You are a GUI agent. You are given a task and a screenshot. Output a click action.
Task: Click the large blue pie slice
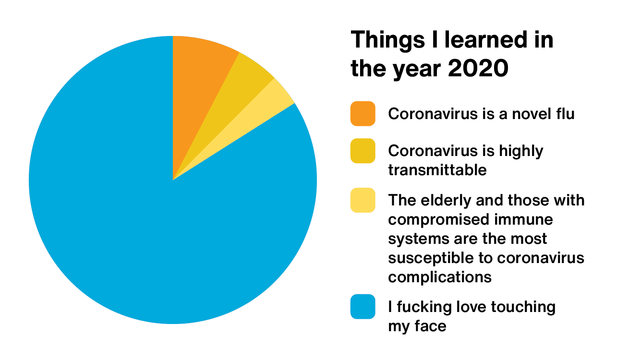coord(160,228)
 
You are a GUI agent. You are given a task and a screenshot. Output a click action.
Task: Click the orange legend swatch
coord(362,113)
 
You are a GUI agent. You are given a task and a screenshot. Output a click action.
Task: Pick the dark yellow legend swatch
coord(362,151)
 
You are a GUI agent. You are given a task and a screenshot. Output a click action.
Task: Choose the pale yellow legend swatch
coord(362,200)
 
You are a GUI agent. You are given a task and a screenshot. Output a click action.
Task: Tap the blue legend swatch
coord(362,307)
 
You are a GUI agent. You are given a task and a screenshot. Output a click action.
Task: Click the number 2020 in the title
coord(478,69)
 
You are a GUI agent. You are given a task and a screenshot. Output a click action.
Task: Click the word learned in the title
coord(486,40)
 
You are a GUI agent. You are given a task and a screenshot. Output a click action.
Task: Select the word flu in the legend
coord(565,113)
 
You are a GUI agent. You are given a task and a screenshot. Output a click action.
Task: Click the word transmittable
coord(437,170)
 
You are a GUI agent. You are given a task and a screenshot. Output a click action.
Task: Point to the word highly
coord(521,151)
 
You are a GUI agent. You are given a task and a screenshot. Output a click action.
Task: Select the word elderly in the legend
coord(446,201)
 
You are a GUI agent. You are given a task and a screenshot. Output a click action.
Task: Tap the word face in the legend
coord(430,326)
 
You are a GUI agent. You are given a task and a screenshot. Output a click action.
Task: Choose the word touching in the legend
coord(523,307)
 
